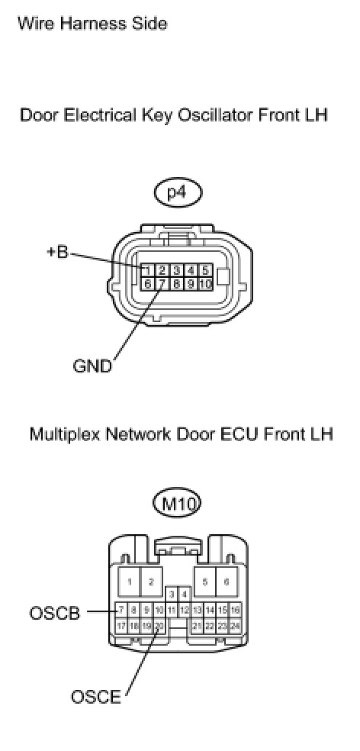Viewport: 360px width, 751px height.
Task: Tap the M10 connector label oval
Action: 177,504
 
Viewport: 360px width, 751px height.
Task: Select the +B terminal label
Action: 57,253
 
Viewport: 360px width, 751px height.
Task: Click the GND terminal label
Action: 92,366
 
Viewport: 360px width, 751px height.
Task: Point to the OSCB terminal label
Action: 55,613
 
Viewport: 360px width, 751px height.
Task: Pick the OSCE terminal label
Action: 96,697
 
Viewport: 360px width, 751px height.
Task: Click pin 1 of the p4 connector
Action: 148,270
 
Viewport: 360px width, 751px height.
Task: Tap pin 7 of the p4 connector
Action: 162,283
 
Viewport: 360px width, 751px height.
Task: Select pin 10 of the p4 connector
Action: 205,283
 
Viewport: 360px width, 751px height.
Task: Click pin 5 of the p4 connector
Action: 205,270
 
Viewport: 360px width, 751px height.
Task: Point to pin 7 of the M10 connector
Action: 121,611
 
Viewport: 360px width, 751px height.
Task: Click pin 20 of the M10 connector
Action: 159,626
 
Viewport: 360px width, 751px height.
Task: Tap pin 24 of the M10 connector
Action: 235,626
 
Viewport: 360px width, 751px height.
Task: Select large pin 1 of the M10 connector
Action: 129,582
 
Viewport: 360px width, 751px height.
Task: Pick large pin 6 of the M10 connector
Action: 227,582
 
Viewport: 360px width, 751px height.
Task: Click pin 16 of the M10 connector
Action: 235,611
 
